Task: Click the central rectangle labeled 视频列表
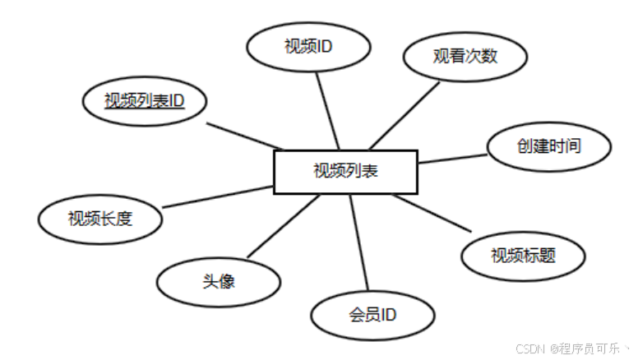pyautogui.click(x=344, y=171)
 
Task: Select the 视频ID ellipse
pyautogui.click(x=308, y=45)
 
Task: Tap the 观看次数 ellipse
pyautogui.click(x=465, y=57)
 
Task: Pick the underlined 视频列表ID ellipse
pyautogui.click(x=144, y=101)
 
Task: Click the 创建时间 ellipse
pyautogui.click(x=549, y=146)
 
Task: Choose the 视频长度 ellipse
pyautogui.click(x=100, y=218)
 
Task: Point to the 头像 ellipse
pyautogui.click(x=218, y=280)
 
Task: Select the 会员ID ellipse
pyautogui.click(x=372, y=313)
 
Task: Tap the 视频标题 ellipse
pyautogui.click(x=523, y=254)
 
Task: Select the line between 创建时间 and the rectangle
pyautogui.click(x=452, y=157)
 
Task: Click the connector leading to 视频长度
pyautogui.click(x=218, y=196)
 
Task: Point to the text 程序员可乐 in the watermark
pyautogui.click(x=589, y=348)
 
